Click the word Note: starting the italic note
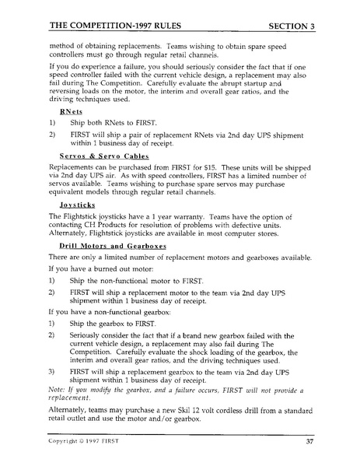pos(58,387)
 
